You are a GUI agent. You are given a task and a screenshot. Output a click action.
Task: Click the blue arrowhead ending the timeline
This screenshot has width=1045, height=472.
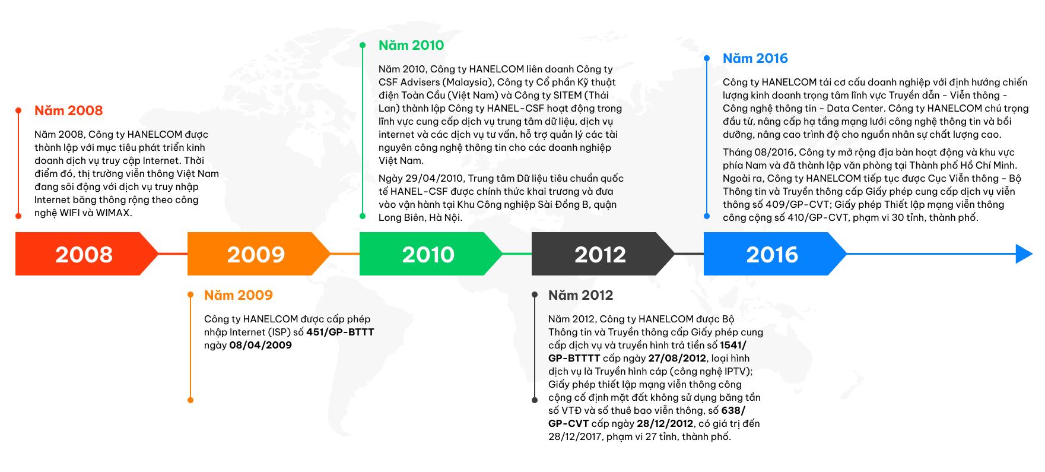pyautogui.click(x=1024, y=254)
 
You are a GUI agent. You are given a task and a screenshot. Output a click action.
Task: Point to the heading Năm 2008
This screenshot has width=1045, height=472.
pyautogui.click(x=68, y=110)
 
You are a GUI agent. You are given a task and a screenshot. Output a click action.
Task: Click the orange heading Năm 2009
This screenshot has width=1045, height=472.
pyautogui.click(x=239, y=295)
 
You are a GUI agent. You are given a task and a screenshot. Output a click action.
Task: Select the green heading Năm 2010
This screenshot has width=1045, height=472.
pyautogui.click(x=411, y=45)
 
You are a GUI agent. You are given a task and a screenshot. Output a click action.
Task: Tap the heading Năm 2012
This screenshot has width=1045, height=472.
pyautogui.click(x=581, y=295)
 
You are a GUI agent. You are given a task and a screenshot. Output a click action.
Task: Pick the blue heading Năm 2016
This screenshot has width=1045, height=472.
pyautogui.click(x=755, y=58)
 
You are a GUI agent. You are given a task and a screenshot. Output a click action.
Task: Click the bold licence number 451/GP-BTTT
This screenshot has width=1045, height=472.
pyautogui.click(x=340, y=332)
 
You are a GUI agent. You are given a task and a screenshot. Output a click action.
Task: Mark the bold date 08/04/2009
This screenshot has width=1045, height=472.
pyautogui.click(x=261, y=345)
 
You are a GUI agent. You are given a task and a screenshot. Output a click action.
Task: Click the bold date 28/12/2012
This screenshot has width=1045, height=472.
pyautogui.click(x=665, y=423)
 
